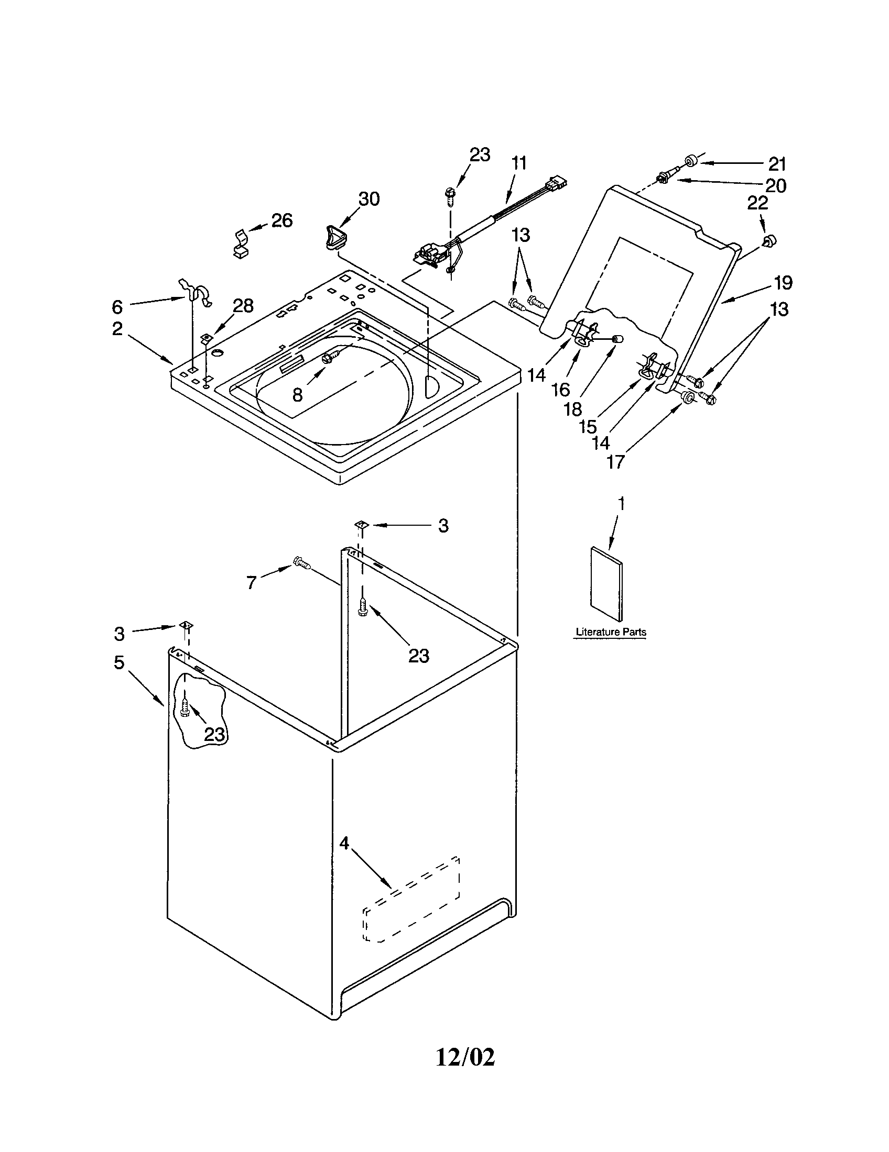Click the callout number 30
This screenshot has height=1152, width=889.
coord(369,199)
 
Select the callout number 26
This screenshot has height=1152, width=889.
coord(281,220)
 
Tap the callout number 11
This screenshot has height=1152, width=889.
coord(519,163)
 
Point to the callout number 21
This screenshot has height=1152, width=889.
coord(776,164)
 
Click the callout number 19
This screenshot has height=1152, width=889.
coord(783,283)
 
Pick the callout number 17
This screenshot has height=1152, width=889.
coord(615,462)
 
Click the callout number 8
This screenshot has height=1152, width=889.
coord(297,394)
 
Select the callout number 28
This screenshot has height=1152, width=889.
coord(243,305)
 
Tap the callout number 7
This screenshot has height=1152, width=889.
coord(252,582)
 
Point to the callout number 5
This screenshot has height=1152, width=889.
coord(120,662)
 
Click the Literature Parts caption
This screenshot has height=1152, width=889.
coord(611,632)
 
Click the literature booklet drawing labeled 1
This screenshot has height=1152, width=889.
coord(606,583)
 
